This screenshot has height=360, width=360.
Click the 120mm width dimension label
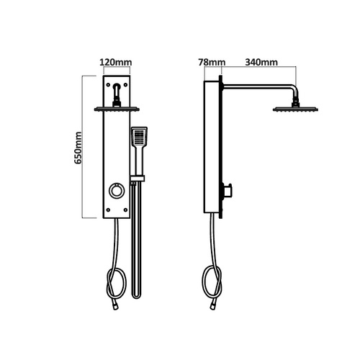[x=116, y=63]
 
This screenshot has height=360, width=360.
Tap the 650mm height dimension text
[x=78, y=148]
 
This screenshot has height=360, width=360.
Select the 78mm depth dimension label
[x=212, y=63]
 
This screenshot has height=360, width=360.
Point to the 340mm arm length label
[x=261, y=63]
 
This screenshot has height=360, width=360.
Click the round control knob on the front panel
[x=117, y=191]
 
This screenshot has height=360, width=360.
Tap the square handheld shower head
[x=139, y=136]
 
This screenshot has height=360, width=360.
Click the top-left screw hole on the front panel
[x=108, y=85]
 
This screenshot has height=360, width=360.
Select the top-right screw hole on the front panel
[x=125, y=85]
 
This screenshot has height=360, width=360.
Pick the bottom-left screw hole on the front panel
[x=108, y=210]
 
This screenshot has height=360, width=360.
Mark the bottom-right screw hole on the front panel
[x=125, y=210]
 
